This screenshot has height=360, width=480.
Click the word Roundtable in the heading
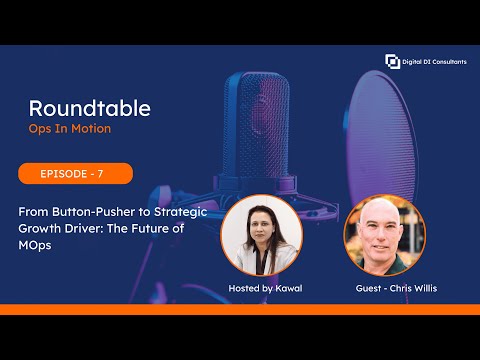(90, 108)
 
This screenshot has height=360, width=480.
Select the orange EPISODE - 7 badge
(75, 173)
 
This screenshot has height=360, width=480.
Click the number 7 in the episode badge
(99, 173)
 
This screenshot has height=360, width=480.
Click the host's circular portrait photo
(263, 236)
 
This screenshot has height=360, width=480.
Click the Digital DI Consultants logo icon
(392, 62)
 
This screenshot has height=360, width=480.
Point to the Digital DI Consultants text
(436, 62)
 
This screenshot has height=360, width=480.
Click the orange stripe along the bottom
(240, 309)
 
